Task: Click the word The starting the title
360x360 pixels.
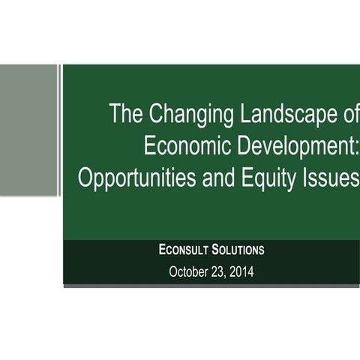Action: point(124,115)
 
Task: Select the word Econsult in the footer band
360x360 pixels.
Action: point(184,250)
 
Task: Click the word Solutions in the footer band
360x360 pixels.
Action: point(238,250)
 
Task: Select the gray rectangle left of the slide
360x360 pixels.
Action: point(28,130)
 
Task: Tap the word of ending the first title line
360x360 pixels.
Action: point(349,115)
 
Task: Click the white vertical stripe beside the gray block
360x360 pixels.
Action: point(60,130)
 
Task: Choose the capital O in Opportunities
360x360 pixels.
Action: point(85,178)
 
